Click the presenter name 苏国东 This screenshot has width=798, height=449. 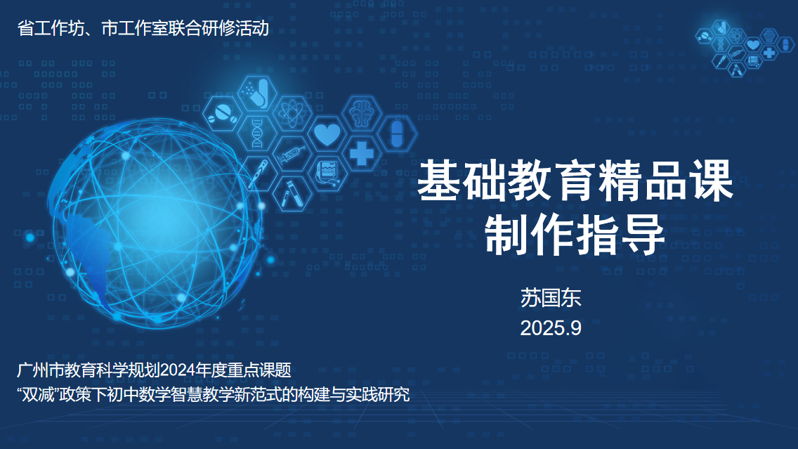tap(551, 298)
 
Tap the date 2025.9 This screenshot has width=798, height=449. tap(551, 328)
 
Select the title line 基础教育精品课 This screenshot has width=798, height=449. tap(575, 181)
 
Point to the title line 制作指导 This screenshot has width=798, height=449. tap(575, 235)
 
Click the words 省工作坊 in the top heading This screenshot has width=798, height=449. tap(51, 28)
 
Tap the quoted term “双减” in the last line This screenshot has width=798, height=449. tap(38, 394)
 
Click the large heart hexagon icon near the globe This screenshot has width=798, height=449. tap(327, 134)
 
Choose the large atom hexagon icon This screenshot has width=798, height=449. tap(292, 114)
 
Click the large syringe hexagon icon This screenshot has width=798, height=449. tap(292, 153)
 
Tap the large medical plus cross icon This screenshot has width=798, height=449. tap(362, 153)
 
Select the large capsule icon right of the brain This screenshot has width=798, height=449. tap(397, 134)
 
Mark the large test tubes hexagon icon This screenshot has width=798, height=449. tap(292, 193)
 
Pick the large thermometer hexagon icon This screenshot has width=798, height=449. tap(258, 173)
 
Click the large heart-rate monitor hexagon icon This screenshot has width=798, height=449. tap(327, 173)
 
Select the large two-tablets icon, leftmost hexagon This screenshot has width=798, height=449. tap(223, 114)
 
